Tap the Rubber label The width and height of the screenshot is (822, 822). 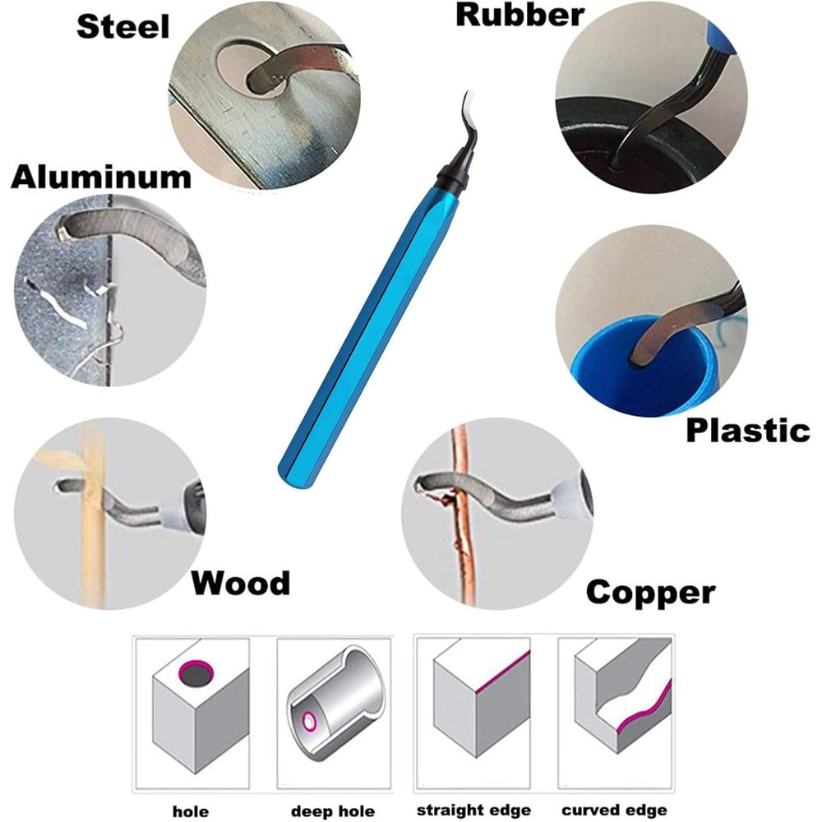click(x=520, y=14)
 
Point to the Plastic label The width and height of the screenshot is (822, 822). click(x=747, y=430)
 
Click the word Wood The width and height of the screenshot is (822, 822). click(x=241, y=583)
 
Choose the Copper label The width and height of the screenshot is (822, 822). click(x=650, y=592)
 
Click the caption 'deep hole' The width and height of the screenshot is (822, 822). click(x=331, y=811)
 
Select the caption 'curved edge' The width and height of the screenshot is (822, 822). click(x=613, y=810)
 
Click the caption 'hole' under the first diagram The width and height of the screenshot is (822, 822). click(x=190, y=811)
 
